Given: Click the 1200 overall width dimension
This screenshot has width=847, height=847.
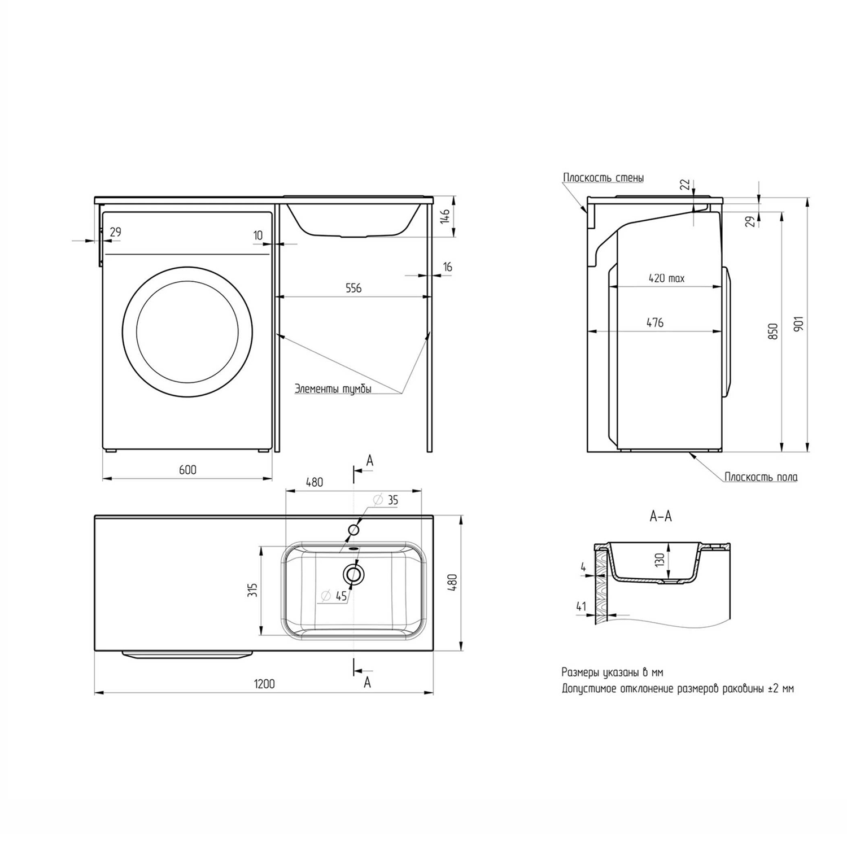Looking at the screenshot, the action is click(x=264, y=684).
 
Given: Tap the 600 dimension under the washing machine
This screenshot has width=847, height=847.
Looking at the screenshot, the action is click(x=187, y=470).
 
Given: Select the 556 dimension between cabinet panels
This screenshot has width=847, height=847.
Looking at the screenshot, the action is click(x=353, y=288).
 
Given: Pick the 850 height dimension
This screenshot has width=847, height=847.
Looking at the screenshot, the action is click(x=773, y=331).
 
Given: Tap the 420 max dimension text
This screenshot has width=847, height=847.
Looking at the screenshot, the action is click(x=666, y=278).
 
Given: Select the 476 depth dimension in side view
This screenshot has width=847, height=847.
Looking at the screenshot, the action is click(x=655, y=322).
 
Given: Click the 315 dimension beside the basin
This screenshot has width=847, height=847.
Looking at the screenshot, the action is click(x=253, y=590).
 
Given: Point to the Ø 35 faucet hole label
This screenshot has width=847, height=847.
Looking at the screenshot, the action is click(x=386, y=500).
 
